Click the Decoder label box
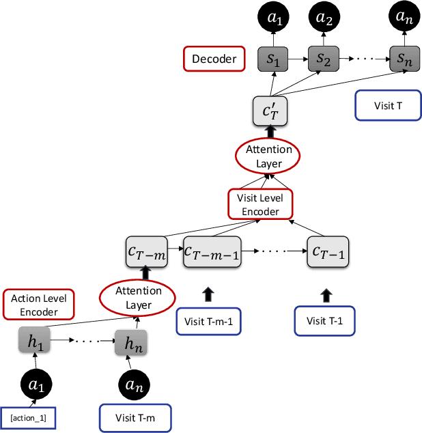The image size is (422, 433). tap(214, 59)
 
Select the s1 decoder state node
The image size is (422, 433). tap(272, 61)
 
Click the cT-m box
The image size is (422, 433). tap(145, 251)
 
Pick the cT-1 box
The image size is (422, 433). tap(328, 251)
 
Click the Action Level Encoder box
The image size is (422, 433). tap(34, 305)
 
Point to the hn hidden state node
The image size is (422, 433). tap(130, 345)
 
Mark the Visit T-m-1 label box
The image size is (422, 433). tap(206, 321)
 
